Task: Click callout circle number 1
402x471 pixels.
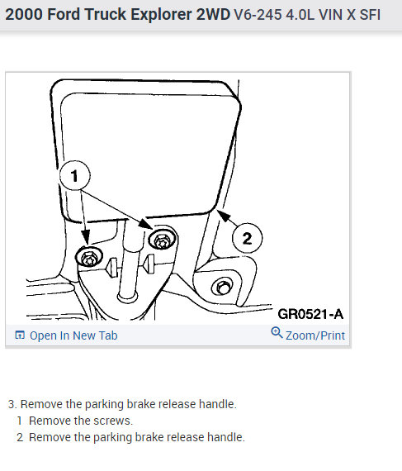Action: [x=74, y=175]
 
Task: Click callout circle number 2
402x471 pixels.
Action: [x=247, y=238]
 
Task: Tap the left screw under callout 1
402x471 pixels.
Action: [x=89, y=257]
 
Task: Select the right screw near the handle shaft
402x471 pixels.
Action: [x=163, y=240]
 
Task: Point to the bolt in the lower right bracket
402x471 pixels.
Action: [x=222, y=288]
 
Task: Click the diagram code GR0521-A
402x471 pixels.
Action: [x=310, y=314]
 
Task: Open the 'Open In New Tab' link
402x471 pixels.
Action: [x=73, y=335]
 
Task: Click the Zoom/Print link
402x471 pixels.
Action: [x=315, y=335]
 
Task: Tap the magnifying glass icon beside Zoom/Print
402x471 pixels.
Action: [x=277, y=333]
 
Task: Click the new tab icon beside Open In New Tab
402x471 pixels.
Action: [x=20, y=335]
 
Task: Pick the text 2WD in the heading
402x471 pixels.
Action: [x=213, y=14]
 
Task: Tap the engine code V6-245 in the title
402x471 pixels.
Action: [x=258, y=15]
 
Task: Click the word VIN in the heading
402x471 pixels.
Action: [x=330, y=15]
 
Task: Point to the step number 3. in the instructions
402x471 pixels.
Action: [x=12, y=404]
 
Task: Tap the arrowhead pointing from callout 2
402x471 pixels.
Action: [x=223, y=215]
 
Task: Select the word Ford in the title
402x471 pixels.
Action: [x=64, y=14]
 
